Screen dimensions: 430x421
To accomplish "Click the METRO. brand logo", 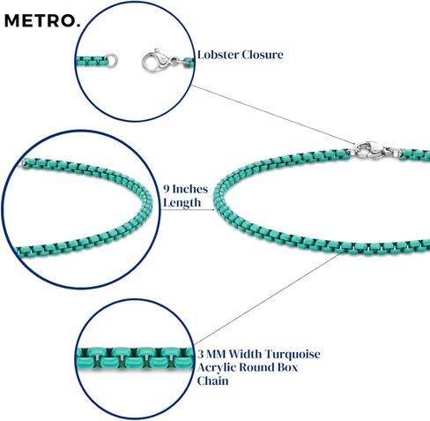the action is point(42,21).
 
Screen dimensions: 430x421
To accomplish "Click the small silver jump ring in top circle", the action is point(112,60).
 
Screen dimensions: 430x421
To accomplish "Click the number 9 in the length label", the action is point(167,189).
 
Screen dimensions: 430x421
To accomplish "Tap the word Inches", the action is point(189,189).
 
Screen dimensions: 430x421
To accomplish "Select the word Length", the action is point(182,203).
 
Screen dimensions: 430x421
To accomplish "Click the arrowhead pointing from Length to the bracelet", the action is point(212,210).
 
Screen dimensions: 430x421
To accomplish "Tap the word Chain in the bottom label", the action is point(212,380).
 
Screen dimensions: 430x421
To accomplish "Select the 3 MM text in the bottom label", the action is point(211,354).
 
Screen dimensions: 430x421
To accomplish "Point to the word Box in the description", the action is point(286,367).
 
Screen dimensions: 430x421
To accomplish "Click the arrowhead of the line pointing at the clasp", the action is point(353,143).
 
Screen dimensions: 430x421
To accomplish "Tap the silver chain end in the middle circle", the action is point(25,162).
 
